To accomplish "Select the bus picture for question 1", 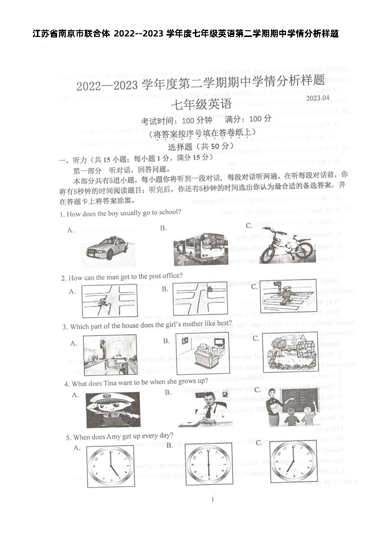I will point(200,249).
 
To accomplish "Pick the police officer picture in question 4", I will point(113,409).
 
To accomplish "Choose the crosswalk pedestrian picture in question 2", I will point(288,296).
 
